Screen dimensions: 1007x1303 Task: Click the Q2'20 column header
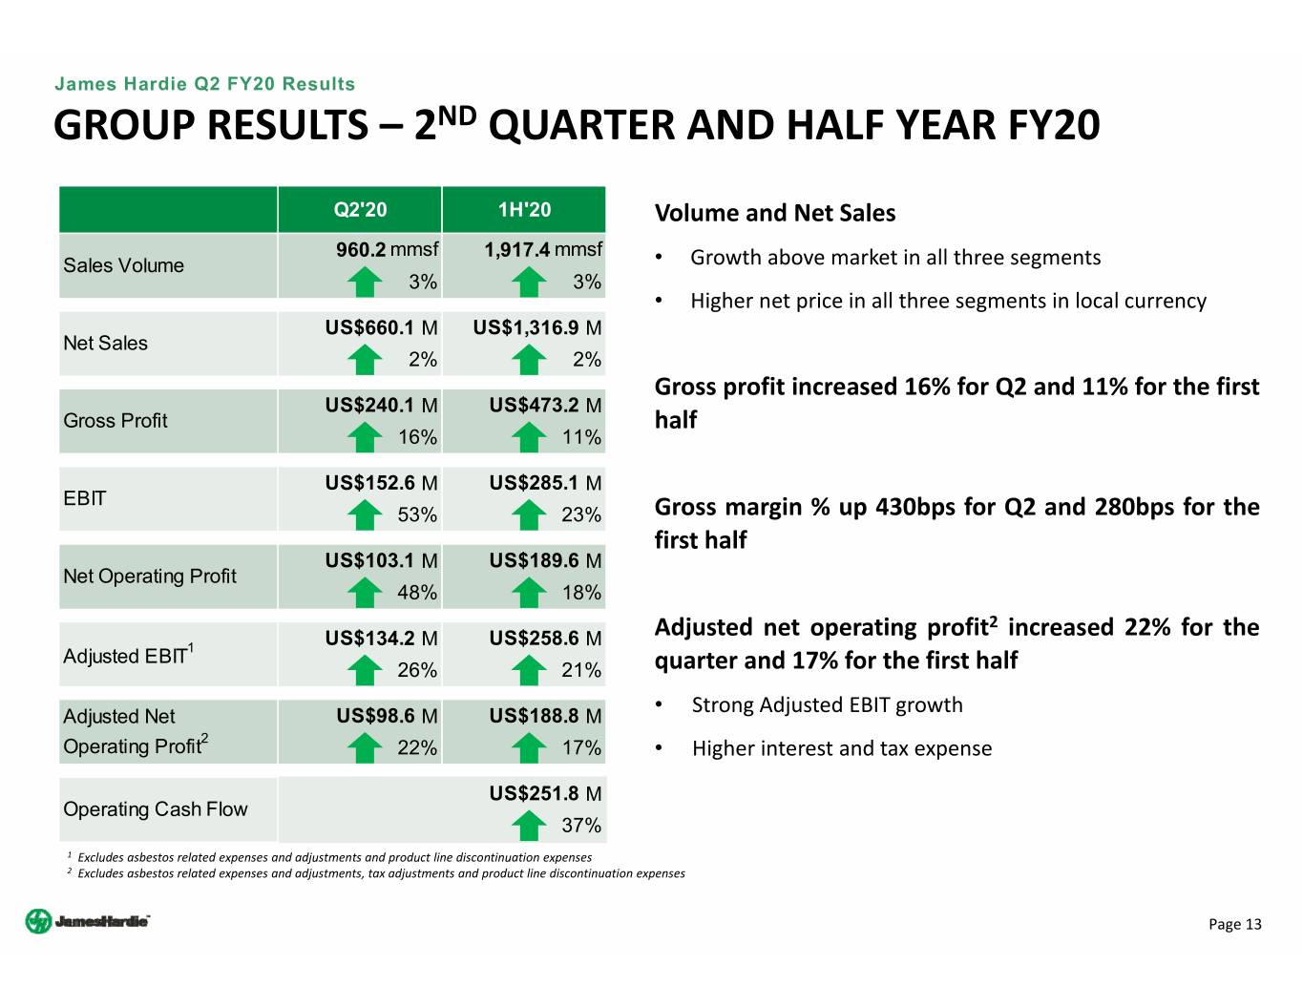coord(360,210)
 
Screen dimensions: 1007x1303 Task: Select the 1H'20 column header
coord(524,210)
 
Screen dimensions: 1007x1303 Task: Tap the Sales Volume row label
coord(124,265)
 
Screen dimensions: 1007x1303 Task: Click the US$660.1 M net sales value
coord(381,327)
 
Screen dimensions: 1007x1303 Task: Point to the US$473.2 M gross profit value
coord(545,405)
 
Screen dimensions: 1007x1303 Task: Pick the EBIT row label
coord(85,498)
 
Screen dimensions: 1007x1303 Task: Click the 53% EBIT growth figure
coord(417,514)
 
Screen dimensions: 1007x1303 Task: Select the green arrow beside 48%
coord(365,593)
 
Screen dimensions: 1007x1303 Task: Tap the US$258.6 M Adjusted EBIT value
coord(545,638)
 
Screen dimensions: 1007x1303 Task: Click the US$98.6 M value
coord(387,716)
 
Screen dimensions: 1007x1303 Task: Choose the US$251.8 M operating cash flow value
coord(545,793)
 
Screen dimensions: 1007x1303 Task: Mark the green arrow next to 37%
coord(529,826)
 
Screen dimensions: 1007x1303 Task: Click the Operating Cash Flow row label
coord(156,809)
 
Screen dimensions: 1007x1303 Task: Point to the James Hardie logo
coord(88,921)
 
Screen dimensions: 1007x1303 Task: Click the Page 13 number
coord(1234,924)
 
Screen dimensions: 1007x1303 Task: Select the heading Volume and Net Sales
coord(775,213)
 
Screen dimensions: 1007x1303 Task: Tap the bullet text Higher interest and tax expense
coord(841,748)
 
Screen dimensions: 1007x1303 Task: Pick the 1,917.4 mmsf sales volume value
coord(543,250)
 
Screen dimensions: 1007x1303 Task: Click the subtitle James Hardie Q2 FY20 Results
coord(204,84)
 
